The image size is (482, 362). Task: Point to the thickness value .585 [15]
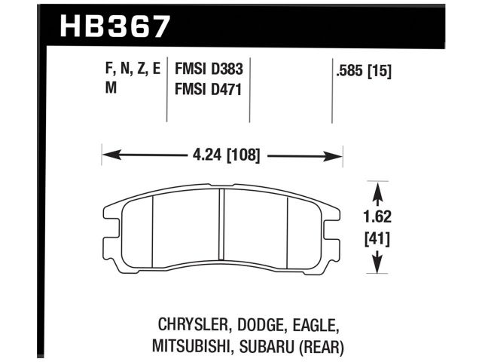[x=364, y=72]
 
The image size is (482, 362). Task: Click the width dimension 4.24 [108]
[x=222, y=157]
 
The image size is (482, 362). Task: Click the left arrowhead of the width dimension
[x=108, y=157]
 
